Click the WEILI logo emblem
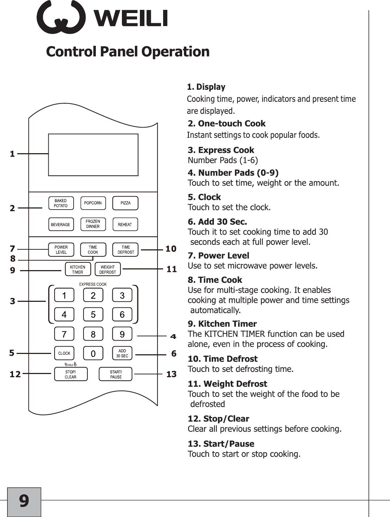pyautogui.click(x=61, y=18)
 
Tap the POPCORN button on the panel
pyautogui.click(x=93, y=203)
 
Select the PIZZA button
pyautogui.click(x=125, y=203)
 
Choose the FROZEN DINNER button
pyautogui.click(x=93, y=224)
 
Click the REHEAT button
pyautogui.click(x=125, y=224)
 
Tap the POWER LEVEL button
pyautogui.click(x=61, y=250)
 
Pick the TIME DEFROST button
pyautogui.click(x=126, y=250)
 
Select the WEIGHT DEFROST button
pyautogui.click(x=108, y=269)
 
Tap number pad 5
pyautogui.click(x=93, y=314)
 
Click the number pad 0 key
pyautogui.click(x=93, y=353)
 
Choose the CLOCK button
pyautogui.click(x=64, y=353)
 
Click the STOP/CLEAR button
pyautogui.click(x=71, y=374)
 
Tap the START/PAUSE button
pyautogui.click(x=116, y=374)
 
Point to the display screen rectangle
pyautogui.click(x=93, y=155)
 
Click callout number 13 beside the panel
pyautogui.click(x=171, y=374)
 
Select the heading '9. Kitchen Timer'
pyautogui.click(x=222, y=324)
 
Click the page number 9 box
pyautogui.click(x=24, y=502)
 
